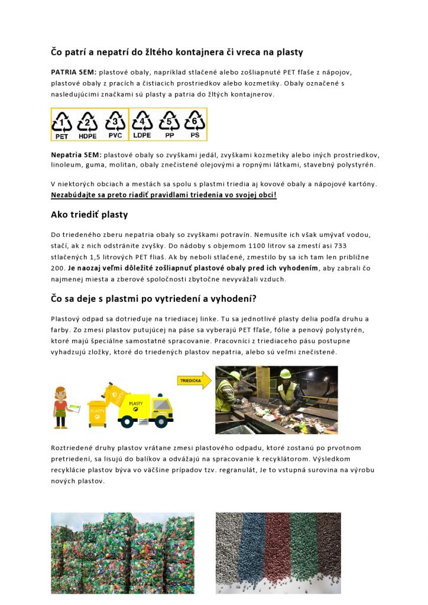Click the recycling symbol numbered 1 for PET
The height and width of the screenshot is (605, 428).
62,123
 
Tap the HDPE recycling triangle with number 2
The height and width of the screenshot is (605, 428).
88,123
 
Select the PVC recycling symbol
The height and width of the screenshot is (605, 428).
115,123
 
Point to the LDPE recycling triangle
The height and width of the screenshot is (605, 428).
142,123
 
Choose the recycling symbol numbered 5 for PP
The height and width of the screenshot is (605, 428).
168,123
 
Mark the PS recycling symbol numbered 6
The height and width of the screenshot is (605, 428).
194,123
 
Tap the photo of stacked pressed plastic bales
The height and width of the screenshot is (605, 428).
122,552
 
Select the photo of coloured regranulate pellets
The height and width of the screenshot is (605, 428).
278,552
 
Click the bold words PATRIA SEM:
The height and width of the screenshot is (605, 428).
74,72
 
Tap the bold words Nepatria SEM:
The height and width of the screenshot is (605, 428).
76,154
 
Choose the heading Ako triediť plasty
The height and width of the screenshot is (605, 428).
89,214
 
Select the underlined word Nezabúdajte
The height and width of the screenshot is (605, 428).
75,194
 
